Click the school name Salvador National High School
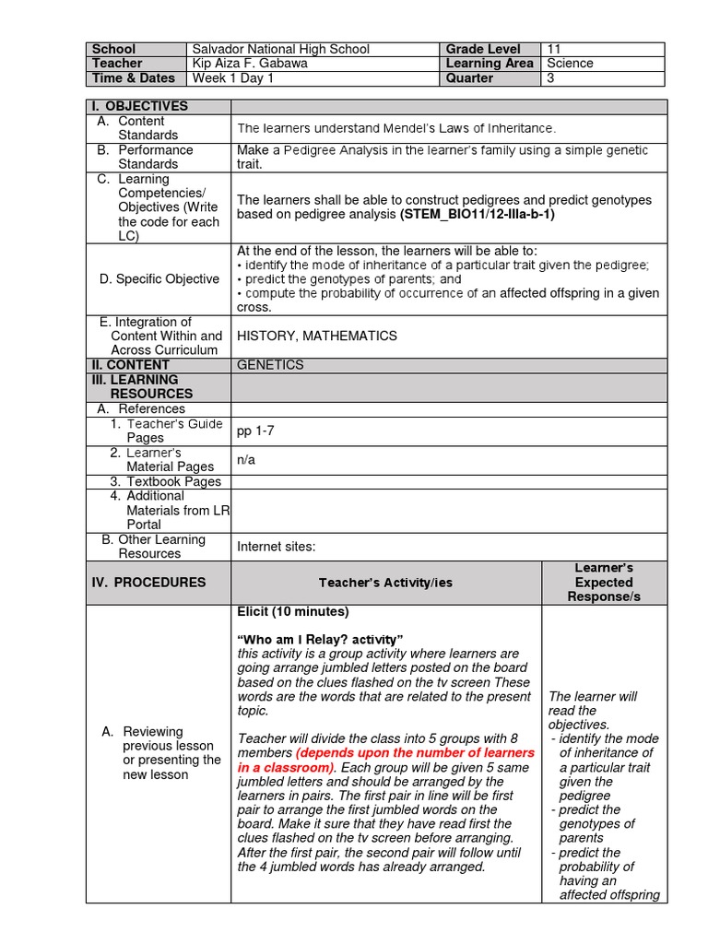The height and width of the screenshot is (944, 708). (x=279, y=49)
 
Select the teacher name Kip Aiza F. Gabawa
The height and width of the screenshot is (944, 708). (x=251, y=64)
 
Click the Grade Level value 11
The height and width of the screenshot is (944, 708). (x=554, y=49)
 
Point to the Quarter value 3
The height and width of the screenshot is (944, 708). (x=551, y=78)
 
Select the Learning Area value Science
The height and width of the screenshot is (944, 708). (x=570, y=64)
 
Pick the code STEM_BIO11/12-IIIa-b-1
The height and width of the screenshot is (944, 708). (x=478, y=214)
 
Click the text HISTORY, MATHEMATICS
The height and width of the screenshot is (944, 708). (x=317, y=336)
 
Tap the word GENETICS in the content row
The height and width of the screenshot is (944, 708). (x=270, y=365)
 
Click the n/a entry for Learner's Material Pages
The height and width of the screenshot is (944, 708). (x=246, y=460)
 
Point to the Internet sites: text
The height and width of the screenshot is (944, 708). (x=277, y=547)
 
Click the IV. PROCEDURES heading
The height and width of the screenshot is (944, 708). (x=148, y=583)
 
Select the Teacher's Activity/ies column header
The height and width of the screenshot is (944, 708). (x=385, y=583)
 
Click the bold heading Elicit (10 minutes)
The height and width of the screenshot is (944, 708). (x=293, y=611)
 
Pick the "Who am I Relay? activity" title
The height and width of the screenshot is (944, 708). (x=321, y=640)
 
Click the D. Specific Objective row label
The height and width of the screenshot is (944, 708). (x=159, y=279)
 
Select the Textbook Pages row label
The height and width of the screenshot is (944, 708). (x=166, y=481)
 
